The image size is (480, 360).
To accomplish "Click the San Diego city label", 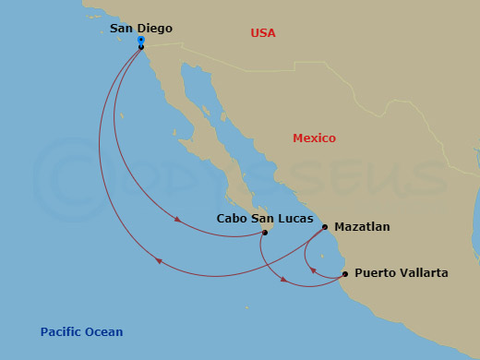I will pyautogui.click(x=140, y=29).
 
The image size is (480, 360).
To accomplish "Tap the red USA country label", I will pyautogui.click(x=263, y=33).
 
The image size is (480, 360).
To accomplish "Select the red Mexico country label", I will pyautogui.click(x=314, y=138).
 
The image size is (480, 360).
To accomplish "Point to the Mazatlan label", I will pyautogui.click(x=362, y=226).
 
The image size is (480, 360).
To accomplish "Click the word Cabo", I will pyautogui.click(x=232, y=219).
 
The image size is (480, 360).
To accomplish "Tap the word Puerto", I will pyautogui.click(x=375, y=273).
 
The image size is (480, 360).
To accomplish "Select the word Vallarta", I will pyautogui.click(x=424, y=273).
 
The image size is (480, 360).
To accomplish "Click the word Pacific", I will pyautogui.click(x=61, y=332).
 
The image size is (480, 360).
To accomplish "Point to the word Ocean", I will pyautogui.click(x=103, y=332).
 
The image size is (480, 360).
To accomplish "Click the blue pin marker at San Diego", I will pyautogui.click(x=140, y=41).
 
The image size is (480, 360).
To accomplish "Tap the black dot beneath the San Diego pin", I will pyautogui.click(x=141, y=47).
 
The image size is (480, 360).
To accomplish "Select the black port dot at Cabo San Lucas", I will pyautogui.click(x=265, y=233).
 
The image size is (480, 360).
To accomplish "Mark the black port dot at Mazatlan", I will pyautogui.click(x=325, y=226).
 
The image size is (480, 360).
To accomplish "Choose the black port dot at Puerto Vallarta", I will pyautogui.click(x=345, y=274).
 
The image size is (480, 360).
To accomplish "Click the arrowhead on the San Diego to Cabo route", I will pyautogui.click(x=178, y=219).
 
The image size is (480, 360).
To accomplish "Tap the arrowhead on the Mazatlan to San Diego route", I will pyautogui.click(x=158, y=261).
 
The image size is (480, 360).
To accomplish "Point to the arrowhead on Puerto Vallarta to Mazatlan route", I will pyautogui.click(x=312, y=270).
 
